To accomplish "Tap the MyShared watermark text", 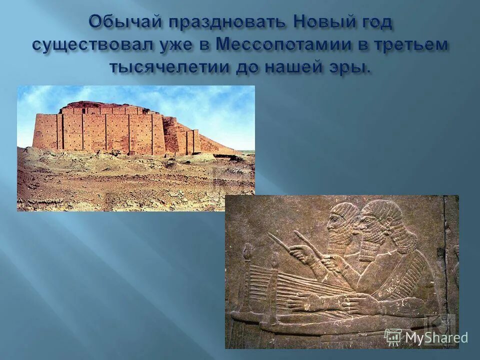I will pyautogui.click(x=436, y=338).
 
